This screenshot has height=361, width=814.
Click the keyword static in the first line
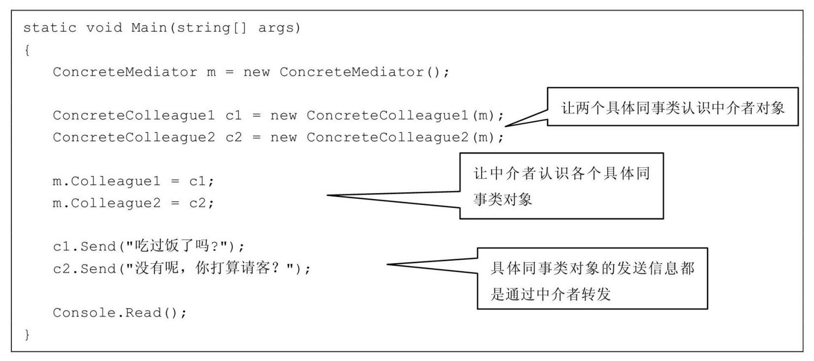[x=49, y=28]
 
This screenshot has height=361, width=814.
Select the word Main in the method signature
[x=149, y=28]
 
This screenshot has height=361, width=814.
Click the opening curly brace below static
[x=27, y=51]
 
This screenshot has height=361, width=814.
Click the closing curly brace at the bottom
[x=27, y=335]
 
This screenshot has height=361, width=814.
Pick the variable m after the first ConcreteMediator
[x=211, y=72]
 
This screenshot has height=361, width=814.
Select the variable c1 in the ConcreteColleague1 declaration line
[x=234, y=116]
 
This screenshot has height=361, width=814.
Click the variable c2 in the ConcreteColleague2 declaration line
[x=234, y=137]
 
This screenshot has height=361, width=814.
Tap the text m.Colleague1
[x=107, y=181]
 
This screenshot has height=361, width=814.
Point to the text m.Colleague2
[x=107, y=203]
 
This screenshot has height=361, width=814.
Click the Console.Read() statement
[x=120, y=313]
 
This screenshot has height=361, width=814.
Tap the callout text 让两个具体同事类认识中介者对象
[x=673, y=108]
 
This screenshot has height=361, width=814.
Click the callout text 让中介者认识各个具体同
[x=561, y=173]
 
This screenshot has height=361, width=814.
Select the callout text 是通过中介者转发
[x=550, y=294]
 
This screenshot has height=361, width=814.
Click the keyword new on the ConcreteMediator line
[x=256, y=72]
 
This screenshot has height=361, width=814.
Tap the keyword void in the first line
[x=104, y=28]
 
